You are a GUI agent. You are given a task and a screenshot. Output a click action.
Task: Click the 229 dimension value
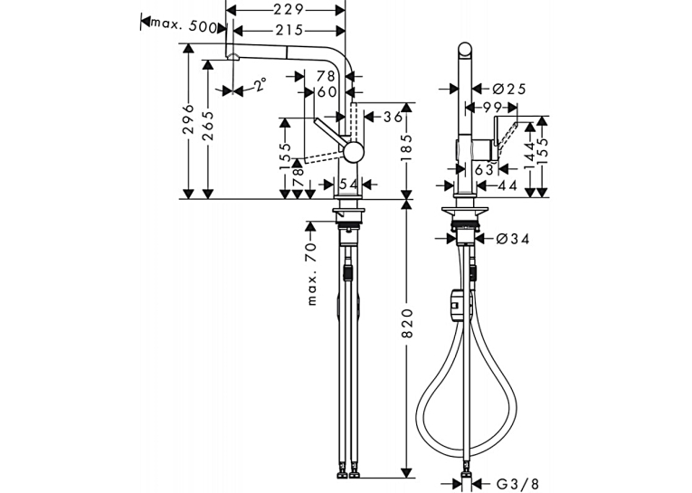click(289, 9)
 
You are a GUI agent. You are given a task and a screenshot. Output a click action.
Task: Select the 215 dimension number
click(289, 30)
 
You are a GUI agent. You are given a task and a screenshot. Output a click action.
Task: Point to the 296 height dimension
click(188, 119)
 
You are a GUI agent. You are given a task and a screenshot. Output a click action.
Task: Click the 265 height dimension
click(208, 126)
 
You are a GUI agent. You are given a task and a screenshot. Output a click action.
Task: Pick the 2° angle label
click(261, 84)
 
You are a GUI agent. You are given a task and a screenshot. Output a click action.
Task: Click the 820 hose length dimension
click(407, 324)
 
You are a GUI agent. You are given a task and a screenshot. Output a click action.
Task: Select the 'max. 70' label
click(311, 274)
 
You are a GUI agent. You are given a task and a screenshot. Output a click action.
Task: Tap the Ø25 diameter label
click(509, 90)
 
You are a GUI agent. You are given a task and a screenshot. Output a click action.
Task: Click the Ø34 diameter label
click(512, 239)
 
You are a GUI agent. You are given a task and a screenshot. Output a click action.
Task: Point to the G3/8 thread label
click(517, 484)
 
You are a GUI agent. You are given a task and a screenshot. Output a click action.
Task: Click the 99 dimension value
click(492, 108)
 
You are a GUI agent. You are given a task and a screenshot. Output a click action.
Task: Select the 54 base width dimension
click(348, 184)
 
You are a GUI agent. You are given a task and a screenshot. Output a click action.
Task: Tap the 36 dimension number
click(393, 117)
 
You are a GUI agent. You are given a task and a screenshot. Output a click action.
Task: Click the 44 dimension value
click(507, 185)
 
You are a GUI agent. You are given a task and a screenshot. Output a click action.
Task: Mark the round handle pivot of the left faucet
click(354, 153)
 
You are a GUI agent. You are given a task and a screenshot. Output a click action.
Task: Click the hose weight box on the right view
click(454, 306)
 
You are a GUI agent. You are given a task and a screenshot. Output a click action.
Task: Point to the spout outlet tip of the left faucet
click(232, 56)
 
